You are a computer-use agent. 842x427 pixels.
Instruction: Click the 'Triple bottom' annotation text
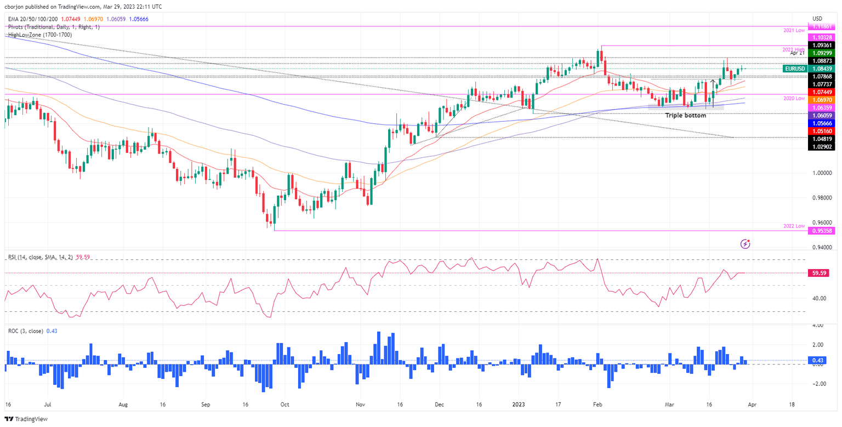tap(685, 116)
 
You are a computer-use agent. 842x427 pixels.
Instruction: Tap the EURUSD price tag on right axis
tap(795, 69)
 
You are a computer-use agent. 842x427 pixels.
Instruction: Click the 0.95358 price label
tap(822, 231)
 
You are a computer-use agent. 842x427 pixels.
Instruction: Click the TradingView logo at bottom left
tap(26, 419)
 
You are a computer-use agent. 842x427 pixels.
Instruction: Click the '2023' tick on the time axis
tap(519, 404)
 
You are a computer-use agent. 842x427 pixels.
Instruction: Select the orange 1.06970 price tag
tap(822, 101)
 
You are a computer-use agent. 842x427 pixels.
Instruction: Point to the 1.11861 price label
tap(822, 26)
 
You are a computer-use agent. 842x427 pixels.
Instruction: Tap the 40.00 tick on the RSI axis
tap(819, 298)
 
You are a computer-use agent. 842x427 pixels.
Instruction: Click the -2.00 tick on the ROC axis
tap(819, 384)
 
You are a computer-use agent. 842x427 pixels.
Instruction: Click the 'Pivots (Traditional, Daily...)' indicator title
tap(54, 26)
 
